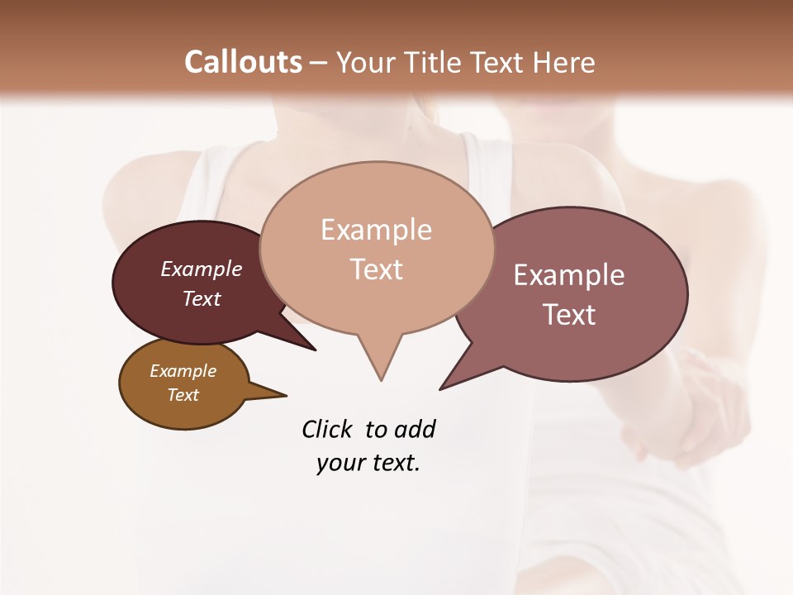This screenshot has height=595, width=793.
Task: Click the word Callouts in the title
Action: coord(243,62)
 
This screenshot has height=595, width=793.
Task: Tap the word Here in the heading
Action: coord(564,62)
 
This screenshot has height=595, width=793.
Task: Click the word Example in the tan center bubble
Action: coord(376,230)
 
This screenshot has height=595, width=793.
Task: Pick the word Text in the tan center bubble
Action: coord(376,269)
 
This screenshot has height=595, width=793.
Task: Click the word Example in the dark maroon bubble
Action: coord(202,269)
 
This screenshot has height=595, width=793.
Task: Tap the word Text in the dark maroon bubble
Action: coord(202,298)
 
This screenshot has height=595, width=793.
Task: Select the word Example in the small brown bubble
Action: coord(183,371)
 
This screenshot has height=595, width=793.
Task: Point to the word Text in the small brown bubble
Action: coord(183,395)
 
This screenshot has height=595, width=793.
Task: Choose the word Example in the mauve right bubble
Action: coord(569,275)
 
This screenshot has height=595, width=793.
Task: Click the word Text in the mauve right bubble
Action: coord(569,315)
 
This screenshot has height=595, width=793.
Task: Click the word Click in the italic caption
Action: coord(328,430)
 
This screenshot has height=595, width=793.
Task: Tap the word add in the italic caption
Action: coord(414,430)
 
